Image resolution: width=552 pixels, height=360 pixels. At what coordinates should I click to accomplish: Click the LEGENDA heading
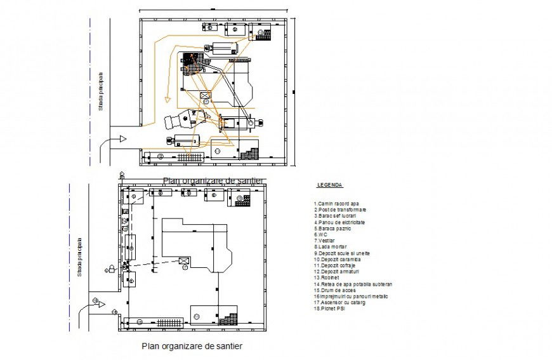(329, 185)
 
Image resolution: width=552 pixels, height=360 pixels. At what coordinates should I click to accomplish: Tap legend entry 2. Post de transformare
(339, 210)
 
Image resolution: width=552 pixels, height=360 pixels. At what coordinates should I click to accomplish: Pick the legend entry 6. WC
(319, 234)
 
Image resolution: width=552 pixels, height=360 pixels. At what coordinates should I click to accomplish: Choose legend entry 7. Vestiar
(324, 241)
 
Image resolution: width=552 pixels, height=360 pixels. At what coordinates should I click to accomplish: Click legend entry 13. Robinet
(327, 277)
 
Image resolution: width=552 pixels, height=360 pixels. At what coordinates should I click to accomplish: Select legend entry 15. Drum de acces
(334, 290)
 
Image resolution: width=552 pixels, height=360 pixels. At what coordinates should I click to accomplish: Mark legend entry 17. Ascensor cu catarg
(339, 303)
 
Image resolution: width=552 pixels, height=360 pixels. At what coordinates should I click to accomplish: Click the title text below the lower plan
(192, 346)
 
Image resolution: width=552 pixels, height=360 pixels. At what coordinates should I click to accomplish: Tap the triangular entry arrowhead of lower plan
(100, 304)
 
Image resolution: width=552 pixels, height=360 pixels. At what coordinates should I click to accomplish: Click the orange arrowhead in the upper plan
(167, 99)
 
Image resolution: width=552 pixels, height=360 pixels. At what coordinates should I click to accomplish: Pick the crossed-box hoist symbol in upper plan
(206, 96)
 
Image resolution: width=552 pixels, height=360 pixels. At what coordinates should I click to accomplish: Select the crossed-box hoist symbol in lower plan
(185, 261)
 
